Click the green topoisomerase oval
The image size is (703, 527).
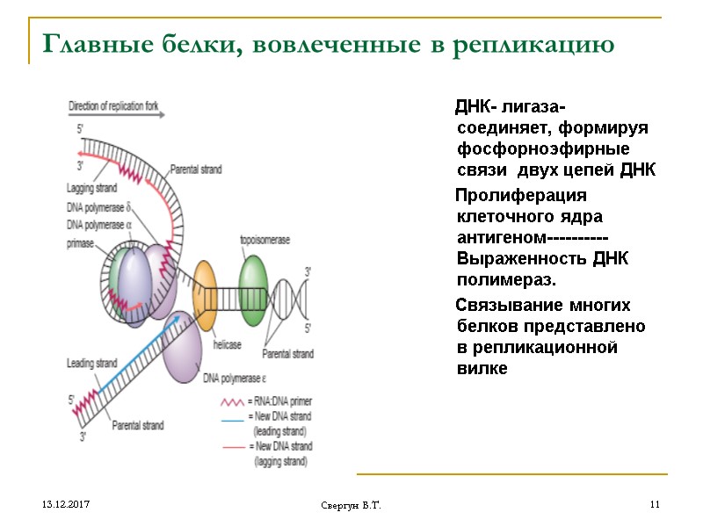click(252, 291)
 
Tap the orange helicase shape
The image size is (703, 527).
click(205, 295)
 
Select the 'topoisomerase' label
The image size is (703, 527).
click(262, 240)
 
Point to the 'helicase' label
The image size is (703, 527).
click(227, 344)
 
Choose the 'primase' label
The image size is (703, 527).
click(80, 243)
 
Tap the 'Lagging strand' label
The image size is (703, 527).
click(91, 187)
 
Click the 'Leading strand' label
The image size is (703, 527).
click(91, 363)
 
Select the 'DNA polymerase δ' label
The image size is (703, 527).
click(98, 208)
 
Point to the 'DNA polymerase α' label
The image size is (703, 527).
click(98, 225)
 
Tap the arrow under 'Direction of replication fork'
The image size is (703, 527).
click(114, 117)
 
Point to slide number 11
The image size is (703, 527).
click(654, 505)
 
